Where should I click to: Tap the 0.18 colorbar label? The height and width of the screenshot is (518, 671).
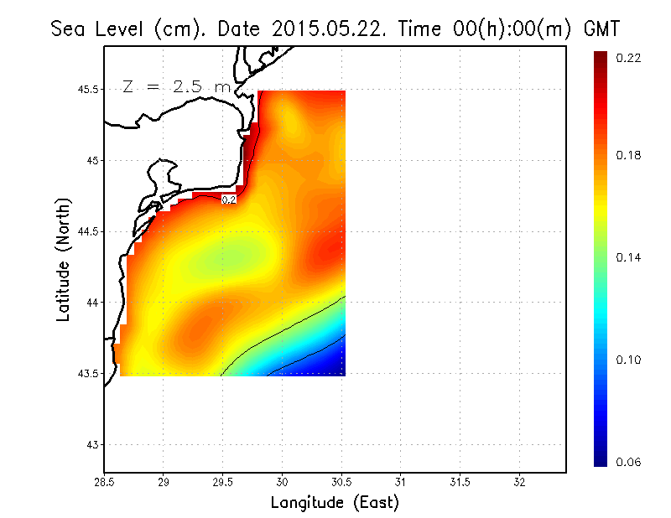[629, 155]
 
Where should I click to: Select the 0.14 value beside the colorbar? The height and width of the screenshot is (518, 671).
[629, 257]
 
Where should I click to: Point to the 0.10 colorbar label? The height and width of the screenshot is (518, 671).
[629, 360]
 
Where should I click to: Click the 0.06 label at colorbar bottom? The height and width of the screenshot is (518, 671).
[629, 462]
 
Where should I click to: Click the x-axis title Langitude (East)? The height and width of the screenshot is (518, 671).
[335, 502]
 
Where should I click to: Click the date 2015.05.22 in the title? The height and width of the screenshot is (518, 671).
[323, 30]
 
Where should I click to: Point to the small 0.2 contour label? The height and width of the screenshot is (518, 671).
[228, 199]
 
